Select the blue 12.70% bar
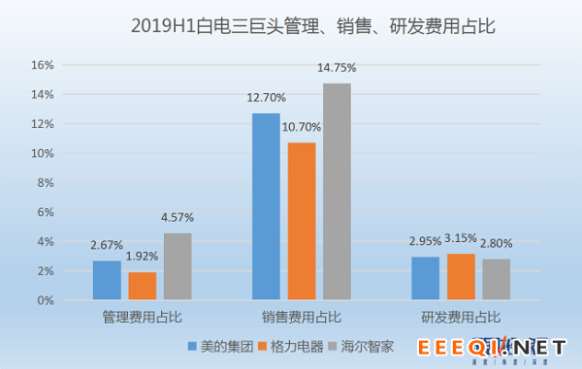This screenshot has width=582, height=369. coord(266,206)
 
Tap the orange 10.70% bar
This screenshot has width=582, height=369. coord(301,221)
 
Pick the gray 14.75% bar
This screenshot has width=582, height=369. coord(337,192)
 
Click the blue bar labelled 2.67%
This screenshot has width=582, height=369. coord(107,280)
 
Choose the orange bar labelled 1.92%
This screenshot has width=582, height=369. coord(142,286)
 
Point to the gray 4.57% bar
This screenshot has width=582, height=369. coord(178,266)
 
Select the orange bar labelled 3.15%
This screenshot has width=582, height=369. coord(461,277)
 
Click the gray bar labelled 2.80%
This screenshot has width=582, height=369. coord(496,279)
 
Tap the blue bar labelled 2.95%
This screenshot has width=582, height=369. coord(425,278)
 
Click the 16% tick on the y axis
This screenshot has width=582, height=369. coord(42,65)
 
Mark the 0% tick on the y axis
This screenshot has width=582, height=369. coord(45,300)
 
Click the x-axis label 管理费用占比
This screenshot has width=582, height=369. coord(142,317)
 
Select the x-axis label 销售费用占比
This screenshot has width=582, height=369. coord(301,317)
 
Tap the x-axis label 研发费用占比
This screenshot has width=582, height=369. coord(461,317)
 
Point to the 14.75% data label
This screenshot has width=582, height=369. coord(337,68)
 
